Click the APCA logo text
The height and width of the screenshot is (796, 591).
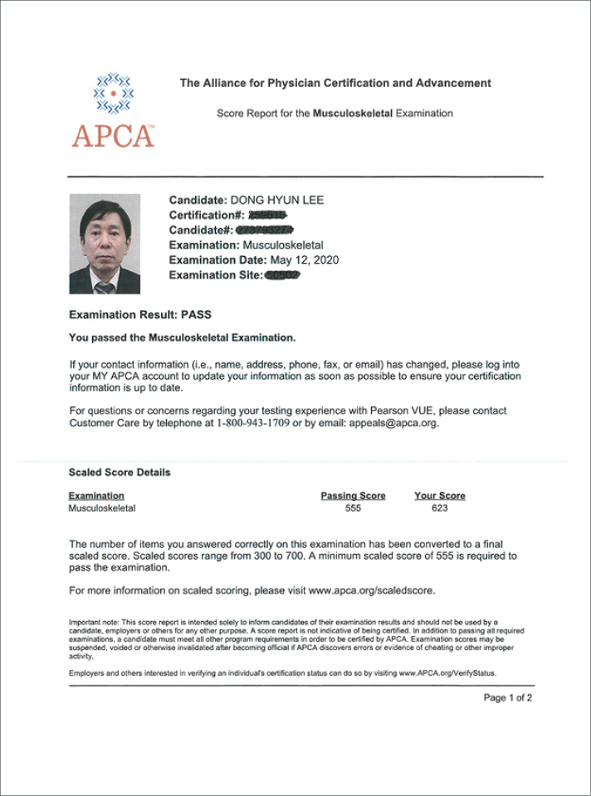(x=113, y=135)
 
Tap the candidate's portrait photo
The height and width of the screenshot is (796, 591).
(x=104, y=245)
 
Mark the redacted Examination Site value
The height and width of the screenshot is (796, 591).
(x=282, y=275)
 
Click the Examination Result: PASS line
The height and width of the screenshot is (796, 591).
(x=140, y=316)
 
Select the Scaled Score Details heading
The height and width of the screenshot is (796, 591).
(x=120, y=473)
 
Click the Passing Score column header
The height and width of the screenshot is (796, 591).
(x=353, y=496)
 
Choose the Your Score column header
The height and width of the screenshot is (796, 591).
(x=440, y=496)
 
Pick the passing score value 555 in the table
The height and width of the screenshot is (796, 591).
(x=353, y=508)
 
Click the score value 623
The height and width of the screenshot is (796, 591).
(x=440, y=508)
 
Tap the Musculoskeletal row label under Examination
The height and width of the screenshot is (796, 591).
(x=101, y=508)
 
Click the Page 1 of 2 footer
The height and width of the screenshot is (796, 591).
(x=507, y=698)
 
